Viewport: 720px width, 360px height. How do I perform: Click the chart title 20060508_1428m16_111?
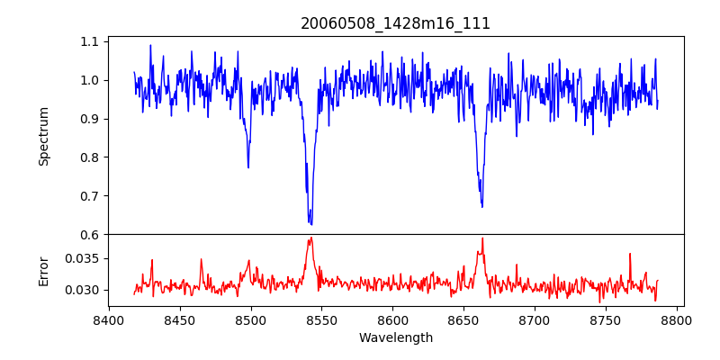coord(395,23)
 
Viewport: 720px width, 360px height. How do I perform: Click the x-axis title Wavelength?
coord(395,338)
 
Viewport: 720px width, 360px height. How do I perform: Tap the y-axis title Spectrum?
coord(43,136)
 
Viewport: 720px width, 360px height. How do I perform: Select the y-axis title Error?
coord(43,270)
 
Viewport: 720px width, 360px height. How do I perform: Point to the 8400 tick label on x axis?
coord(109,319)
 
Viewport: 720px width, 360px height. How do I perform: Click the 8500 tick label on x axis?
coord(250,319)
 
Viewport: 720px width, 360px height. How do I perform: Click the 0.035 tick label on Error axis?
coord(84,258)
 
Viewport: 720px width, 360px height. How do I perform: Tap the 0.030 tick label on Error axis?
coord(84,290)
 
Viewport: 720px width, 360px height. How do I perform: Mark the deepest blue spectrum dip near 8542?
coord(310,224)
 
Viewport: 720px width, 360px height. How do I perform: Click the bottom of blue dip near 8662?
coord(482,207)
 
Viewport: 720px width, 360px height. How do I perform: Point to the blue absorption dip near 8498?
coord(248,167)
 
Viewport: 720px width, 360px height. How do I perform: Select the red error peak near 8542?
coord(310,238)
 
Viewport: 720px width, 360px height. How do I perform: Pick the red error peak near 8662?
coord(482,238)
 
